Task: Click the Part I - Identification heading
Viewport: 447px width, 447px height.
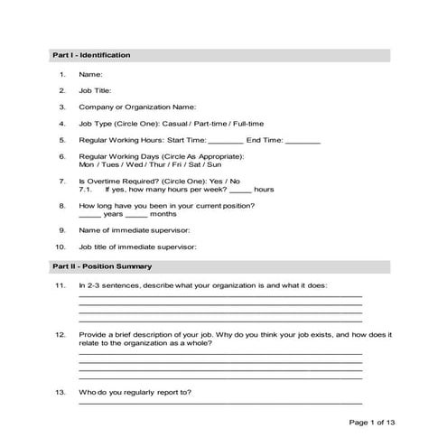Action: [91, 56]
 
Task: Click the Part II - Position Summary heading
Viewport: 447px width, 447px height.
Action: [101, 267]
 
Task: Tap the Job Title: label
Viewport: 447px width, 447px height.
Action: [97, 90]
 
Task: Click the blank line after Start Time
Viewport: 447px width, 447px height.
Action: [226, 142]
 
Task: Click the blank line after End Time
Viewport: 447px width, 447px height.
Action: [303, 142]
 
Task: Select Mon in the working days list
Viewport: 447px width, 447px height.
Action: [87, 165]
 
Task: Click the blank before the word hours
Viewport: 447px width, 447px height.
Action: [239, 191]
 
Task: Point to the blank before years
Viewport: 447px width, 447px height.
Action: [89, 215]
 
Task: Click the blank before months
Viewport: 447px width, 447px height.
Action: [135, 215]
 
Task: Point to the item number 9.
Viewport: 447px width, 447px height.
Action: [61, 230]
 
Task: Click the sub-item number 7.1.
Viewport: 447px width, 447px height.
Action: [86, 191]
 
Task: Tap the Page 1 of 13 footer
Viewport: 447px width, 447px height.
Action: [372, 422]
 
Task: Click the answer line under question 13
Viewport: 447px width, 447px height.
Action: [220, 403]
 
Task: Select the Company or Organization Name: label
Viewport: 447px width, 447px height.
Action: [137, 107]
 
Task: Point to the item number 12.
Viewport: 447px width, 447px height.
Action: [60, 334]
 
